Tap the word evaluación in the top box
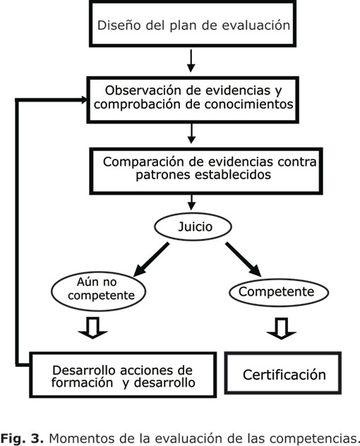click(x=256, y=25)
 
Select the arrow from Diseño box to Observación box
click(x=191, y=61)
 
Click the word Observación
click(x=143, y=90)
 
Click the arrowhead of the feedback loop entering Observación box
click(x=84, y=100)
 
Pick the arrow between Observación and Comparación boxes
click(x=191, y=133)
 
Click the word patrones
click(x=163, y=174)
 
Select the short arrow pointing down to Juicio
click(x=192, y=203)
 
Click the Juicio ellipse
click(x=193, y=227)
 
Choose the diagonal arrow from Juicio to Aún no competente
click(x=151, y=259)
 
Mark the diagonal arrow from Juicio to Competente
click(x=244, y=259)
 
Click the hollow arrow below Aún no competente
click(x=92, y=328)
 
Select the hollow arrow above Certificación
click(x=282, y=329)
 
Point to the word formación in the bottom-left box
click(x=83, y=382)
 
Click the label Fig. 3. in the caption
click(x=22, y=438)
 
